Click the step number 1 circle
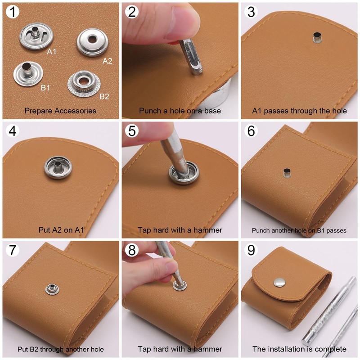(x=13, y=12)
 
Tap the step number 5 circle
(x=132, y=131)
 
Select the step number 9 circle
(x=251, y=250)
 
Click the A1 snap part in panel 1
(x=36, y=36)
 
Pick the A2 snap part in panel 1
(x=92, y=42)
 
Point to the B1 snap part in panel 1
(x=28, y=74)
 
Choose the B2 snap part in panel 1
(x=84, y=84)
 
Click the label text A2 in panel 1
(x=107, y=61)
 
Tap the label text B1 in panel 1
(x=45, y=88)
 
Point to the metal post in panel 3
(x=317, y=37)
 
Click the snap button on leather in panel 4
(x=58, y=167)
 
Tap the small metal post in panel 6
(x=287, y=173)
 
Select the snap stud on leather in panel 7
(x=52, y=289)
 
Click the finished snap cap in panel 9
(x=279, y=283)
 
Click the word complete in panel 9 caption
(x=331, y=349)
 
